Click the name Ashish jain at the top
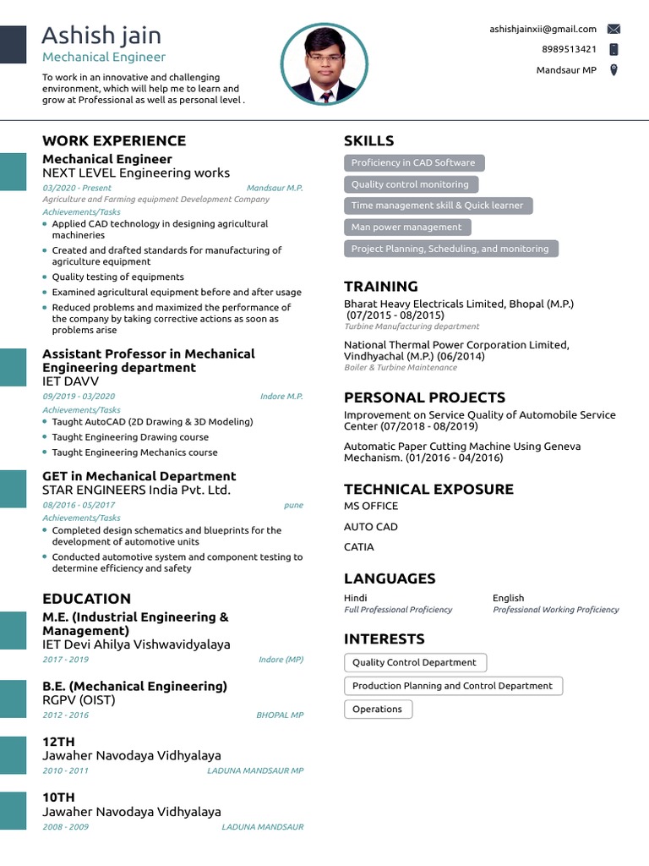pos(101,36)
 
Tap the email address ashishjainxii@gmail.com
pos(543,29)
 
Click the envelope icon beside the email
pos(614,29)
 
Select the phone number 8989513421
pos(569,49)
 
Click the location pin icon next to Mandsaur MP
pos(614,70)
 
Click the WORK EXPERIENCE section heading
pos(114,140)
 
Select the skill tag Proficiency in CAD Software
pos(413,163)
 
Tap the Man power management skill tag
pos(406,227)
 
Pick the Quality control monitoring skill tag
pos(410,184)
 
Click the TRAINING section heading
pos(380,286)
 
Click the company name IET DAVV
pos(70,381)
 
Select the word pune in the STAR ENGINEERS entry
pos(293,506)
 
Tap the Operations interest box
pos(378,710)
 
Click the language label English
pos(508,598)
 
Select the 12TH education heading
pos(58,742)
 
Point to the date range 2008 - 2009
pos(65,826)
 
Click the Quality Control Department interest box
pos(414,663)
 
